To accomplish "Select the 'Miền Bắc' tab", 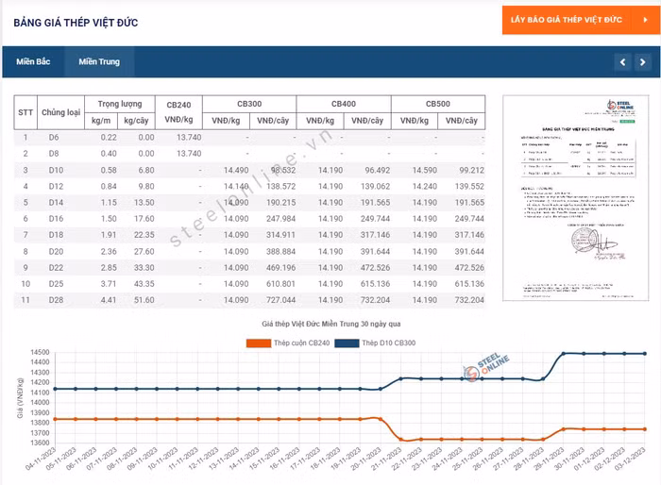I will click(x=33, y=62).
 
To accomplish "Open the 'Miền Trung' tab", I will click(x=99, y=62).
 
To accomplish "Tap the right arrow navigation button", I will click(x=646, y=62).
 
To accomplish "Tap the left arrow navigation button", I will click(x=622, y=62).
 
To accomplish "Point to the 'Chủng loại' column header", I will click(x=61, y=112).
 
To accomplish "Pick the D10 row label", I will click(x=55, y=170).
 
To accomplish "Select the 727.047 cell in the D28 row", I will click(x=280, y=299).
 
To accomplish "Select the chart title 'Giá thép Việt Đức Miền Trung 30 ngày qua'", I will click(x=330, y=324).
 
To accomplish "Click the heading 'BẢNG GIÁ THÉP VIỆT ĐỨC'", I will click(x=77, y=22).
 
